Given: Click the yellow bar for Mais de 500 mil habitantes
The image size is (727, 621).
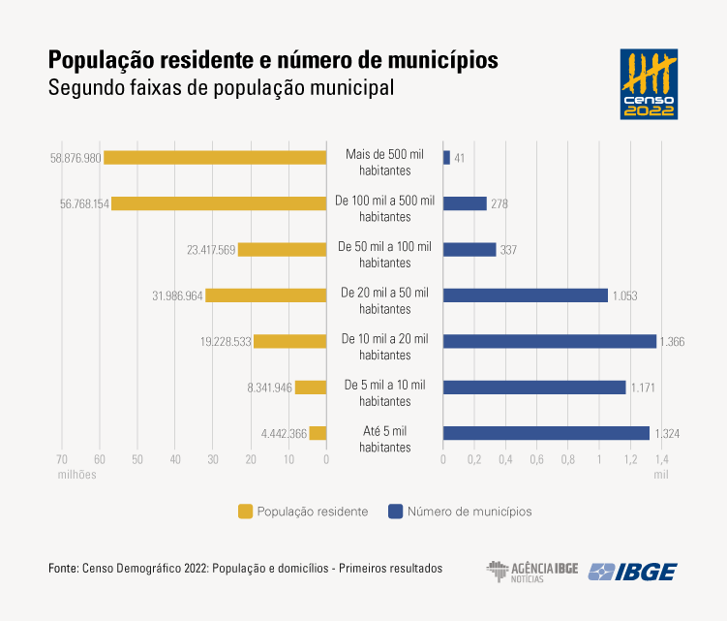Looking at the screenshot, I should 215,157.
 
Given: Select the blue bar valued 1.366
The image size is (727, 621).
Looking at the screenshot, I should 550,341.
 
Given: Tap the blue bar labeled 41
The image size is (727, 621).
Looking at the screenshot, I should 446,157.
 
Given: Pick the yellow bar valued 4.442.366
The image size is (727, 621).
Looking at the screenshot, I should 318,433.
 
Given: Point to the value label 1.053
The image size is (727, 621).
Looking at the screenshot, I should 625,295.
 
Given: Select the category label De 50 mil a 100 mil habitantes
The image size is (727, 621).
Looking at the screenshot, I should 385,255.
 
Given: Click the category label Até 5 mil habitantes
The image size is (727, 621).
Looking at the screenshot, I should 385,439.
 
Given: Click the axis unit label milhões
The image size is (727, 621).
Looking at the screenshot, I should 76,475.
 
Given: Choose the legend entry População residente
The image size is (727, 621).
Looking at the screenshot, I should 302,511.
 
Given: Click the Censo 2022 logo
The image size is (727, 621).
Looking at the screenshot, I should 649,83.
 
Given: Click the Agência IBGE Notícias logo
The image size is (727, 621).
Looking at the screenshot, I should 531,571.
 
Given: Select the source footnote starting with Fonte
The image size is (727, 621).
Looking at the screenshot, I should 245,568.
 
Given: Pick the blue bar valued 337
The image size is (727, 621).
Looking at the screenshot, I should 470,249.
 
